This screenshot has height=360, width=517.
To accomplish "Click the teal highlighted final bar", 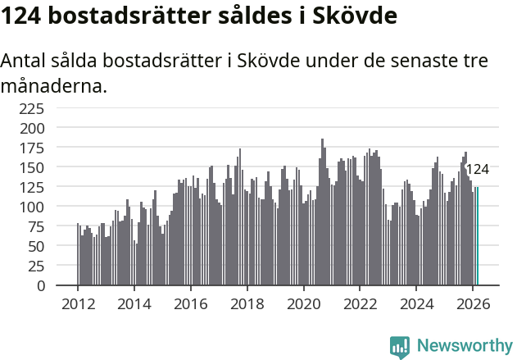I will tap(477, 237).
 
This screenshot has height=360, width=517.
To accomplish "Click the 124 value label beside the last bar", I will tap(477, 170).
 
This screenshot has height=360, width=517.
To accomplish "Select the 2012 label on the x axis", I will tap(78, 303).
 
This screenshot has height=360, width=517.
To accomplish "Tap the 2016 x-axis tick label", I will tap(190, 303).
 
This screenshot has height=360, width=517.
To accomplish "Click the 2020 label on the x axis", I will tap(303, 303).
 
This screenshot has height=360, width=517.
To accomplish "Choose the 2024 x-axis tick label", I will tap(416, 303).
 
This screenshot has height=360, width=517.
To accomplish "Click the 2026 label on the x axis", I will tap(473, 303).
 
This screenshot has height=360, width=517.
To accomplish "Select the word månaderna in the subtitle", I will tap(54, 84).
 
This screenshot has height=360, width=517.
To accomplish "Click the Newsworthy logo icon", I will tap(400, 346).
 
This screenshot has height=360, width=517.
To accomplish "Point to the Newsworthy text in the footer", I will tap(464, 346).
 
